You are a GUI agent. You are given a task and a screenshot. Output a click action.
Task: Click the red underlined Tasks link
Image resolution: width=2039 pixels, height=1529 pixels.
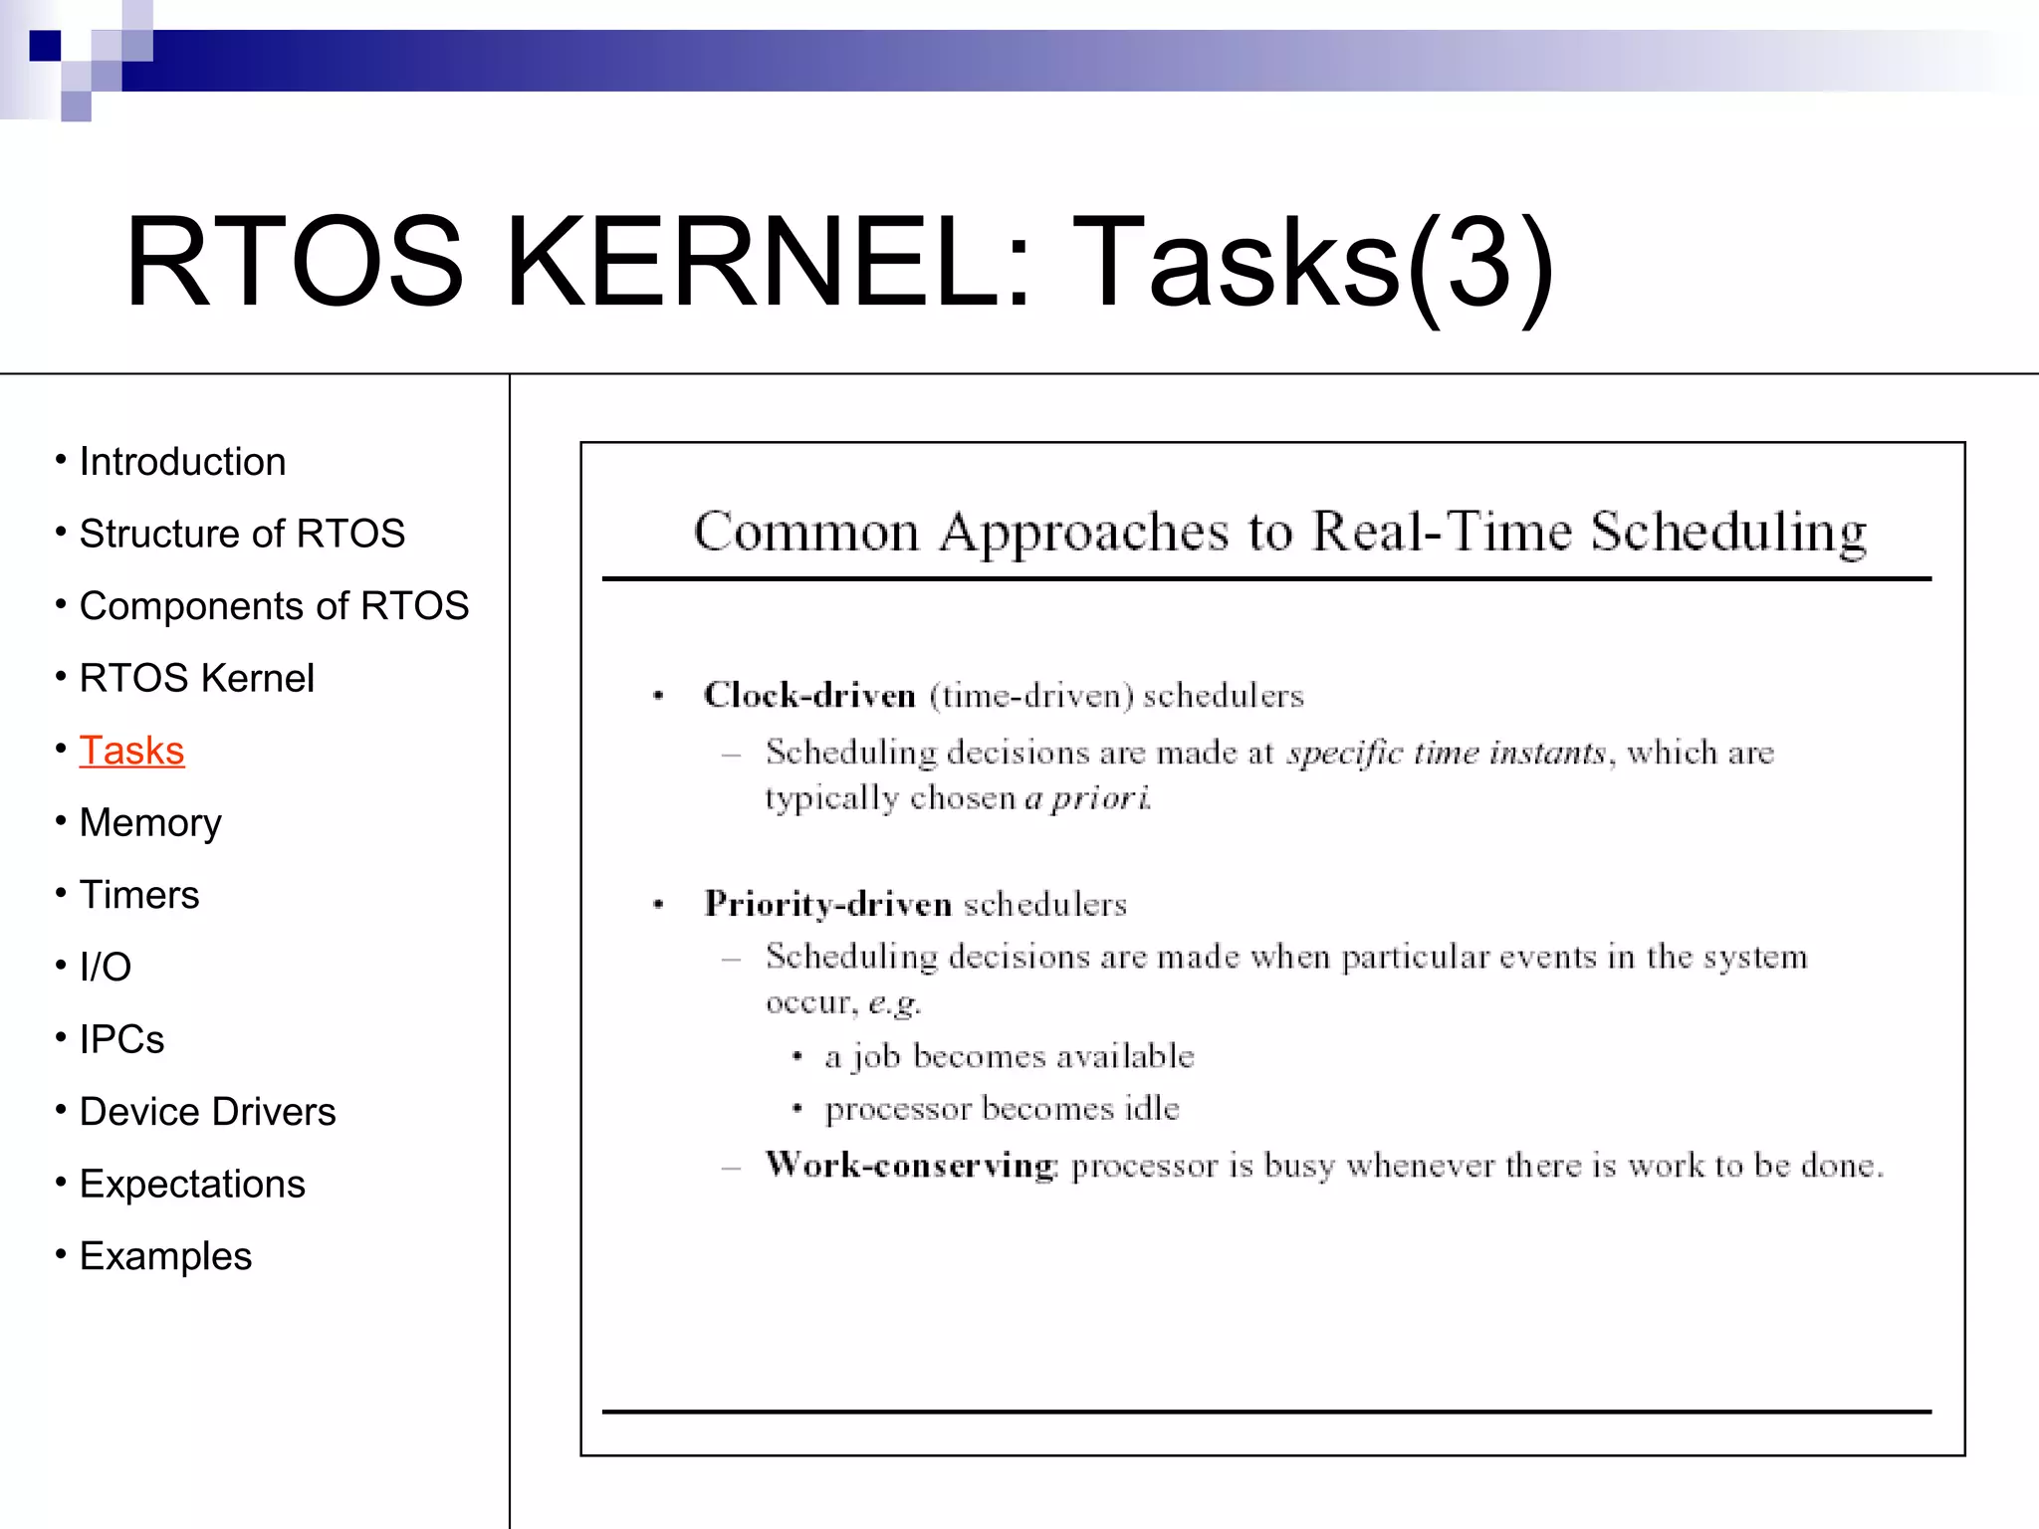tap(131, 751)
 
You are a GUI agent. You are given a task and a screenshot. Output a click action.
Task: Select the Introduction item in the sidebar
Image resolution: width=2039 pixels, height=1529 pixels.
tap(182, 462)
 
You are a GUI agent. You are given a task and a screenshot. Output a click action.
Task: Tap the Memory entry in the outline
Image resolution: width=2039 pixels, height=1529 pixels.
tap(150, 823)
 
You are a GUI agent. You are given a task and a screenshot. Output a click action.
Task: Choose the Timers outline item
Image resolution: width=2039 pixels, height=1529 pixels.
tap(139, 895)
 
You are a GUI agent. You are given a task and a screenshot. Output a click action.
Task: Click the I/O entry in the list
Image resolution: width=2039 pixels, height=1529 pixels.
tap(106, 967)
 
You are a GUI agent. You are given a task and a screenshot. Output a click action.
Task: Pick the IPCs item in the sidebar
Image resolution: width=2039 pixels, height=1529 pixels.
tap(121, 1039)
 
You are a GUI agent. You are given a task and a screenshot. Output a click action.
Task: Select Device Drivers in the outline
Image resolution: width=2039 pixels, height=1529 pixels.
tap(207, 1112)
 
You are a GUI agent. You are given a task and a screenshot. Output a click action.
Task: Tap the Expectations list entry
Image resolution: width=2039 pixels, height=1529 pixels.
tap(192, 1185)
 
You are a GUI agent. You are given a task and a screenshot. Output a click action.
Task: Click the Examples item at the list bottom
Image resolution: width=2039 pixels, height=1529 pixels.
tap(165, 1256)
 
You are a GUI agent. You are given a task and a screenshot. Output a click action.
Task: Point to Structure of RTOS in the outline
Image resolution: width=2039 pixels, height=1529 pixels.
tap(242, 534)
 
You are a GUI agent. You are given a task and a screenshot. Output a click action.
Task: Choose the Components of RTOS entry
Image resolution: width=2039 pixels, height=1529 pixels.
tap(274, 606)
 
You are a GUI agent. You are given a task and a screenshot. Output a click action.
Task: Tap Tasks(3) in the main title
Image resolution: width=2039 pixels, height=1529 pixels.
tap(1312, 263)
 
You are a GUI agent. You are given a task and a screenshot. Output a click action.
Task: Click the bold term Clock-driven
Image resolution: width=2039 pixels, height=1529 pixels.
tap(809, 695)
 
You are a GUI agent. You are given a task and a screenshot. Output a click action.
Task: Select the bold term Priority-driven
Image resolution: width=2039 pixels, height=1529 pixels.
tap(828, 904)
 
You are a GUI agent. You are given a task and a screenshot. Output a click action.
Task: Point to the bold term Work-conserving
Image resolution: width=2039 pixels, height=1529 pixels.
tap(910, 1165)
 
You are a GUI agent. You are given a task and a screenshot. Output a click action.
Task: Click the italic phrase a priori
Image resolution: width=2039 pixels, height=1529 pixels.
tap(1087, 798)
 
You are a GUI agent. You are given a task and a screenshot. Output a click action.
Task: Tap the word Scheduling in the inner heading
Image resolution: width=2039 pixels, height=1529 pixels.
tap(1727, 531)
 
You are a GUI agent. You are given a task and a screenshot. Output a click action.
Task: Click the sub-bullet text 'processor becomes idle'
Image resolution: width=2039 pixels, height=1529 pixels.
tap(1002, 1109)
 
